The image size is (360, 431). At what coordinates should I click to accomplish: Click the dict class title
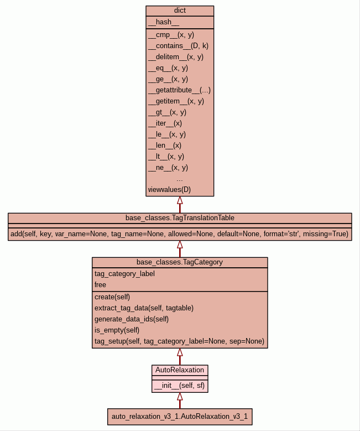click(x=180, y=11)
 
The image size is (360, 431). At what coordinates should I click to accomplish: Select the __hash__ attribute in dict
click(x=164, y=22)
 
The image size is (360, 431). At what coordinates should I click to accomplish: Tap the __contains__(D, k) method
click(x=178, y=45)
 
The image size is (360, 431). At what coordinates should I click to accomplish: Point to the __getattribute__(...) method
click(x=179, y=90)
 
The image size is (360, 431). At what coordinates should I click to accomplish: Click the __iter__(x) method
click(x=165, y=123)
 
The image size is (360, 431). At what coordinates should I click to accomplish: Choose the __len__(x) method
click(x=164, y=145)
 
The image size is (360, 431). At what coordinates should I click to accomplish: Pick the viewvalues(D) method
click(x=169, y=190)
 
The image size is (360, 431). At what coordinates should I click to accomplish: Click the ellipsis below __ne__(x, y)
click(x=180, y=179)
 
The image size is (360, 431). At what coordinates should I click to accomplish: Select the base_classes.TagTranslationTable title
click(x=180, y=217)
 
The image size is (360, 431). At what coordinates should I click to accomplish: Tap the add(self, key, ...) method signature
click(x=180, y=234)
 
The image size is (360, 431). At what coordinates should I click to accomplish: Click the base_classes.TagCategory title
click(x=180, y=262)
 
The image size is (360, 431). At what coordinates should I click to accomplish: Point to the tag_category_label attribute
click(x=124, y=273)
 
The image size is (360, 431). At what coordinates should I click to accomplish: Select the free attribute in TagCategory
click(x=100, y=284)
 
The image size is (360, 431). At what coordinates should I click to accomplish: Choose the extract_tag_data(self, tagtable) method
click(x=144, y=308)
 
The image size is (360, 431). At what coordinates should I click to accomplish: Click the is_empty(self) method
click(x=117, y=330)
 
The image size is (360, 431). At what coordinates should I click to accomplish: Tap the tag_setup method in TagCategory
click(x=179, y=341)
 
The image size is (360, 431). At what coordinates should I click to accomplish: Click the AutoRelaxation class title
click(x=180, y=370)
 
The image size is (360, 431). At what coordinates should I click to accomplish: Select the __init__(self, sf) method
click(x=180, y=386)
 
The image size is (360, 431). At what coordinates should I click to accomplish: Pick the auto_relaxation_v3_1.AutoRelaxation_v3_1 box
click(x=180, y=416)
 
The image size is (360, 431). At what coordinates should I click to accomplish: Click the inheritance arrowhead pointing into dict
click(x=180, y=200)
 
